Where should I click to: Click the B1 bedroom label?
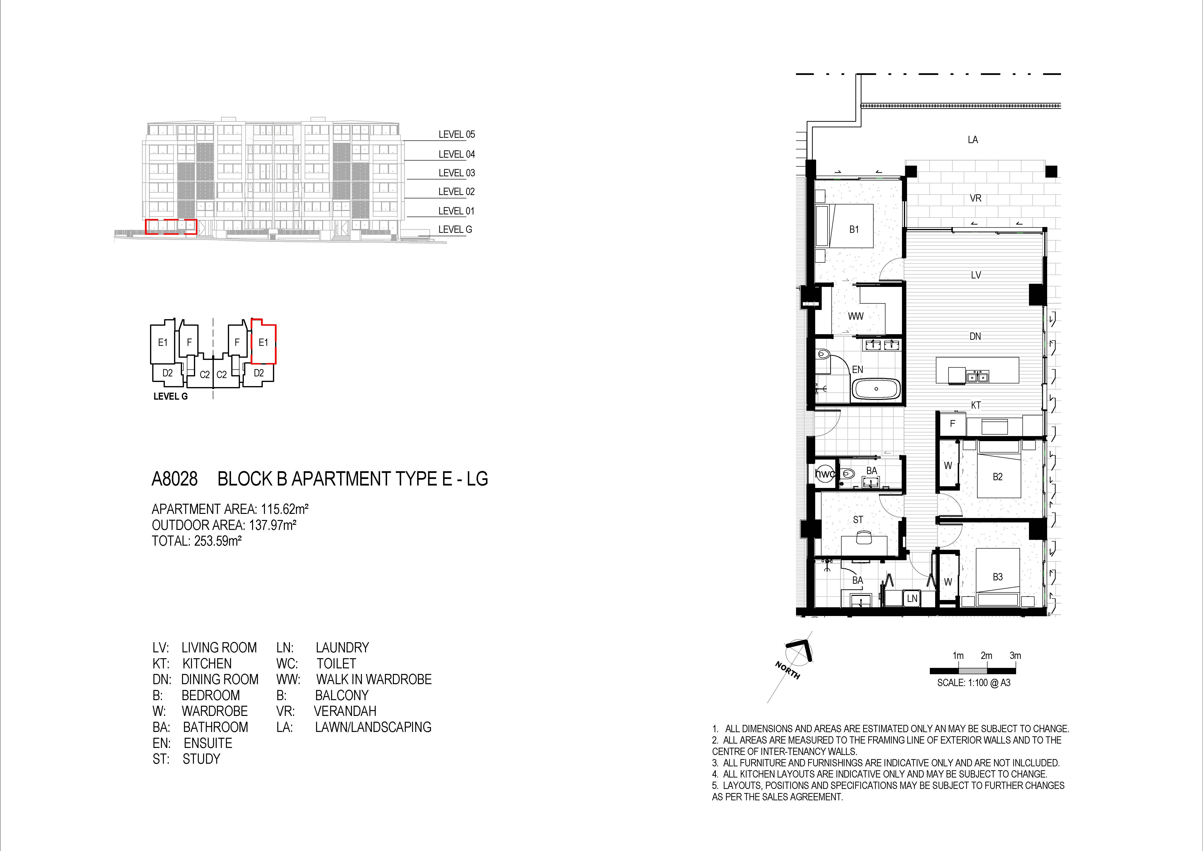(854, 229)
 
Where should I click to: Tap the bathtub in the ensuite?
(876, 389)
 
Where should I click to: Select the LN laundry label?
(912, 598)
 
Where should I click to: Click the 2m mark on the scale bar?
(987, 656)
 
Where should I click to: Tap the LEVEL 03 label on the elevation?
(456, 173)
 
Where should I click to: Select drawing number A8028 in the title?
(175, 479)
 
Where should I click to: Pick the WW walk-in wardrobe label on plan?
(856, 316)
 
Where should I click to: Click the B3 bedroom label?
(998, 577)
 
